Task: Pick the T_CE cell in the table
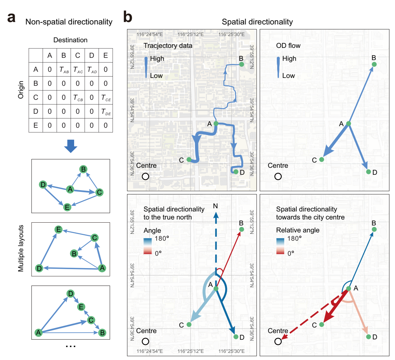[x=106, y=98]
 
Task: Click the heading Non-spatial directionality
[x=69, y=22]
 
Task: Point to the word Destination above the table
[x=71, y=41]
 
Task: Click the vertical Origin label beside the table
[x=20, y=90]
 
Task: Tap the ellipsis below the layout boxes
[x=71, y=346]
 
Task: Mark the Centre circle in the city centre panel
[x=278, y=341]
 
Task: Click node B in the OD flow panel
[x=374, y=64]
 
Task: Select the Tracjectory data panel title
[x=168, y=46]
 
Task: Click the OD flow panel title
[x=288, y=46]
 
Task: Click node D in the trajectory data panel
[x=236, y=172]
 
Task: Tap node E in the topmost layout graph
[x=67, y=207]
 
